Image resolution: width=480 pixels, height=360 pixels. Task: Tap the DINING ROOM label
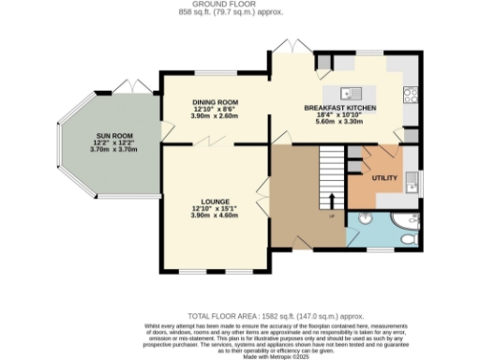click(216, 102)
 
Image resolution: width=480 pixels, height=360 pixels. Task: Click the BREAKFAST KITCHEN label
click(340, 110)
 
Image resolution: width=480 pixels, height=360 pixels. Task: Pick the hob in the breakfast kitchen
click(410, 94)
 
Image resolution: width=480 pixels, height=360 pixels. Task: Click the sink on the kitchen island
click(347, 93)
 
